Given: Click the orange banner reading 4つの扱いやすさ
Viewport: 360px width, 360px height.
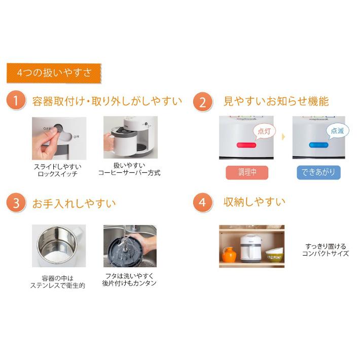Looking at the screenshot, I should (53, 73).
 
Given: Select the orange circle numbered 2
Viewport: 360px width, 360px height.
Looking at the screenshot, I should (202, 101).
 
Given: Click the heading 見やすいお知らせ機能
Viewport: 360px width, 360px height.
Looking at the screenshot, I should (276, 101).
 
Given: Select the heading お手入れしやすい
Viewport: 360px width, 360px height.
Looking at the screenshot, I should (74, 203).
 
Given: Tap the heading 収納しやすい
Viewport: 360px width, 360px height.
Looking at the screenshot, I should (255, 202).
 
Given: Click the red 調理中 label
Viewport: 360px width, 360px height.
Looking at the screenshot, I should (247, 172).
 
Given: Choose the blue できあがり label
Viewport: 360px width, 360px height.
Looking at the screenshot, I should (319, 172).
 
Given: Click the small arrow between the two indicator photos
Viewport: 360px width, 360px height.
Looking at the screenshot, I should (283, 137).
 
